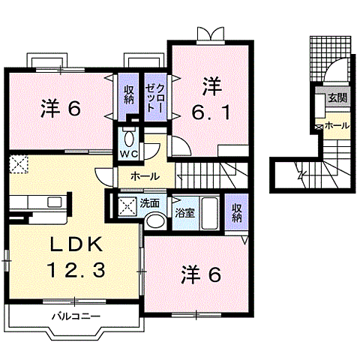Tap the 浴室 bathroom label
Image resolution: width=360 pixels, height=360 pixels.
[x=185, y=212]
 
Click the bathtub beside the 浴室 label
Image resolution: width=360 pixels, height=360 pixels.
[x=211, y=213]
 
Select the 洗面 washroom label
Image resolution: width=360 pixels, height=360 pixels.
[x=149, y=202]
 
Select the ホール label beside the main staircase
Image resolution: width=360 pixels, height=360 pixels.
[x=144, y=176]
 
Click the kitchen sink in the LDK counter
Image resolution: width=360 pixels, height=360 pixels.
[x=53, y=202]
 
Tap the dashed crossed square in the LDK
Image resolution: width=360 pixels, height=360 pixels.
[x=18, y=163]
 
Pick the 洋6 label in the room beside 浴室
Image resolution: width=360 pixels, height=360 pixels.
[x=200, y=274]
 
